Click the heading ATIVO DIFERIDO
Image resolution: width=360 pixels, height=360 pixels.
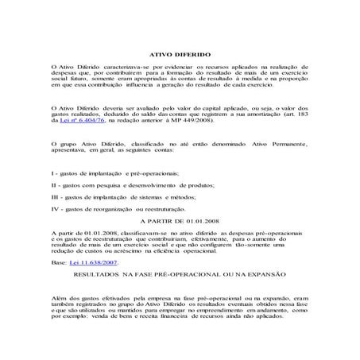point(180,48)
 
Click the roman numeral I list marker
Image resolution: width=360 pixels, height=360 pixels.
point(52,172)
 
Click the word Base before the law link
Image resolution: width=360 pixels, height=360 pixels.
point(57,261)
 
